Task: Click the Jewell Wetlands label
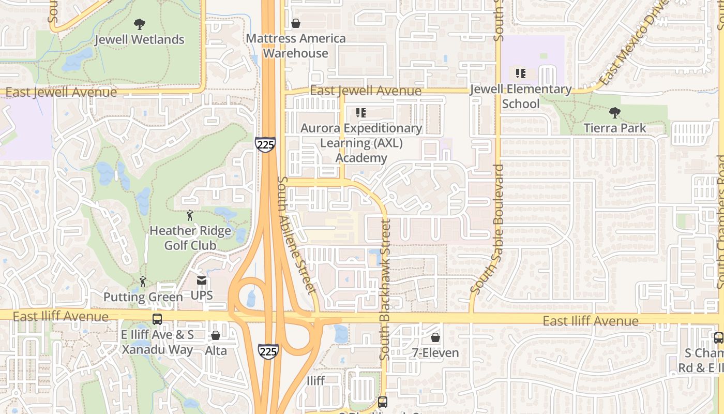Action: click(x=140, y=39)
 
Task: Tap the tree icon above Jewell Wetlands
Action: click(x=139, y=24)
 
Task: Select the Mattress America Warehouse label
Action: click(x=296, y=46)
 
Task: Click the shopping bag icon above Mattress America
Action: click(x=296, y=23)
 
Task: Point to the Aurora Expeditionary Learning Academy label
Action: click(x=361, y=143)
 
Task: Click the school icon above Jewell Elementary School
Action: click(x=521, y=73)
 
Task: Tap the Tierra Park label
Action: click(x=615, y=128)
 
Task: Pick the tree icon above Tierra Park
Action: click(x=615, y=112)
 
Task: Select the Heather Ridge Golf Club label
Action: click(x=190, y=238)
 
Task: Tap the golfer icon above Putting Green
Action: click(x=143, y=282)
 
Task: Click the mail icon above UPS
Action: click(x=202, y=281)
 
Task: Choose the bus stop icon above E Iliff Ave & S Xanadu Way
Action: click(x=157, y=319)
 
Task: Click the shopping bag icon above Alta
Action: click(x=216, y=336)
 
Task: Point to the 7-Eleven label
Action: click(x=435, y=353)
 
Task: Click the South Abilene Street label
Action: click(x=296, y=234)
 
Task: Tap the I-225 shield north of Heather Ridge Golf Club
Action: click(x=265, y=144)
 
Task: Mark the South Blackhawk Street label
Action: click(x=385, y=290)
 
